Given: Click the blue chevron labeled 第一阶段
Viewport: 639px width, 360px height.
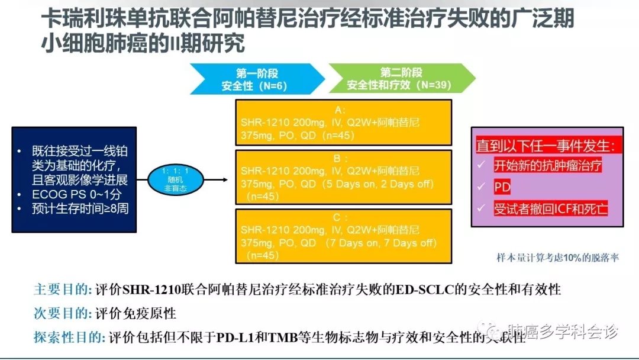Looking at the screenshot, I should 254,79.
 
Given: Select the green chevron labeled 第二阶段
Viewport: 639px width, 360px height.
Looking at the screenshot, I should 400,79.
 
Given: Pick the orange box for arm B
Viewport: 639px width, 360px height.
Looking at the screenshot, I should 343,177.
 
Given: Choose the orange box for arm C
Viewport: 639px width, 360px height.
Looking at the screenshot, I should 343,235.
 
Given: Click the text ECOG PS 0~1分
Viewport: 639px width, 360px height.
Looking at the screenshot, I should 76,195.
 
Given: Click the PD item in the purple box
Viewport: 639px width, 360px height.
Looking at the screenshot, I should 502,187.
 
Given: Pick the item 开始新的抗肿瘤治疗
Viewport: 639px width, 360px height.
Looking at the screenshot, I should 547,166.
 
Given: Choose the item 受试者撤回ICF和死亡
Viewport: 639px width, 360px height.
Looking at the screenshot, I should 550,208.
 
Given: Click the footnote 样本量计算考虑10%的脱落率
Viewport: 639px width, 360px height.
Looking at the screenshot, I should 557,258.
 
